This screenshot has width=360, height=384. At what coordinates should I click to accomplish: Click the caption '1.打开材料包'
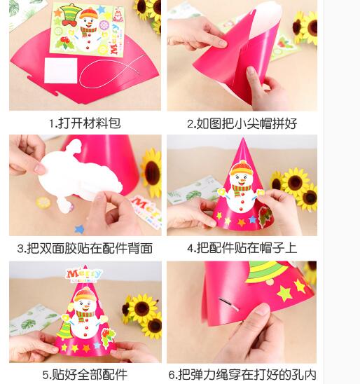[85, 123]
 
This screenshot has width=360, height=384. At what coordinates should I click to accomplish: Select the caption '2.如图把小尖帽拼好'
[242, 123]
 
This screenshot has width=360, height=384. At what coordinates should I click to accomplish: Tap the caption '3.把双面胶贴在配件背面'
[85, 248]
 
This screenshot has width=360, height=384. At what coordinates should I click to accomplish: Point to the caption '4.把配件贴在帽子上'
[242, 248]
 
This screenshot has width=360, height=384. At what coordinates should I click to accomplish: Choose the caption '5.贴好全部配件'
[85, 375]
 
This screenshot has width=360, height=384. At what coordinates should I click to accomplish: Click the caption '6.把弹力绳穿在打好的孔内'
[242, 375]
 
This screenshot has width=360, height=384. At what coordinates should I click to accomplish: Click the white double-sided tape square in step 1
[61, 71]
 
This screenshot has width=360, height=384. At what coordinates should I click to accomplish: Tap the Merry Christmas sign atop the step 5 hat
[84, 275]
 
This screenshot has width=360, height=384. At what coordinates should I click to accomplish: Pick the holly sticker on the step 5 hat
[108, 338]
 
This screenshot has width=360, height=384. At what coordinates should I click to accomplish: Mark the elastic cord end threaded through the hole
[228, 304]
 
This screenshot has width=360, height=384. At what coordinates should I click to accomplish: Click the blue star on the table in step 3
[79, 229]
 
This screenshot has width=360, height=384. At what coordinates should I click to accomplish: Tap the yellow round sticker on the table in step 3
[43, 203]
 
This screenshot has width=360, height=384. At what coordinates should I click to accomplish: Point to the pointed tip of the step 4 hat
[243, 138]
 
